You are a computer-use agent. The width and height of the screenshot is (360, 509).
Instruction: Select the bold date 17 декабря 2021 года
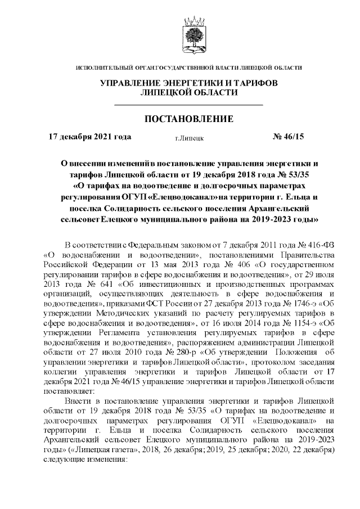91,137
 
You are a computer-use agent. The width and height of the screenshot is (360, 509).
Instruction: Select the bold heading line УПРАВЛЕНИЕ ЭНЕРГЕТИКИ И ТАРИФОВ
188,83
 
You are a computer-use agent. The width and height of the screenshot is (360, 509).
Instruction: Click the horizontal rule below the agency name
188,105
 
